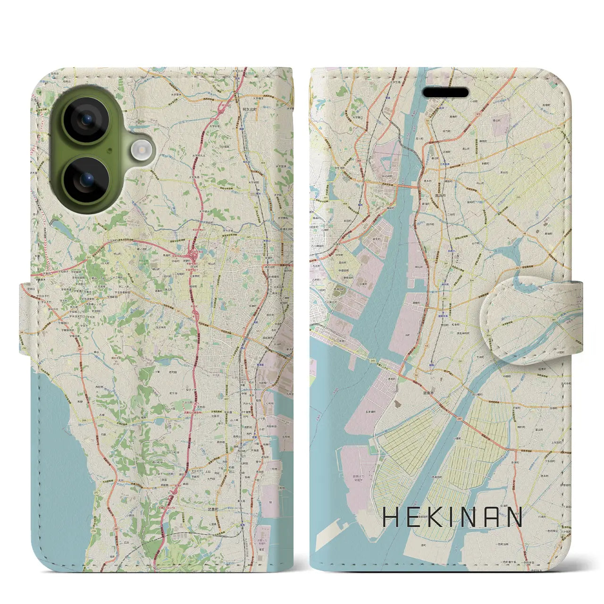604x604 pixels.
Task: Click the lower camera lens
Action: pos(86,179)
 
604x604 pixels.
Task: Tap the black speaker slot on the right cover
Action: pos(445,92)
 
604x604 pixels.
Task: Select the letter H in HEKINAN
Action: pos(391,518)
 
